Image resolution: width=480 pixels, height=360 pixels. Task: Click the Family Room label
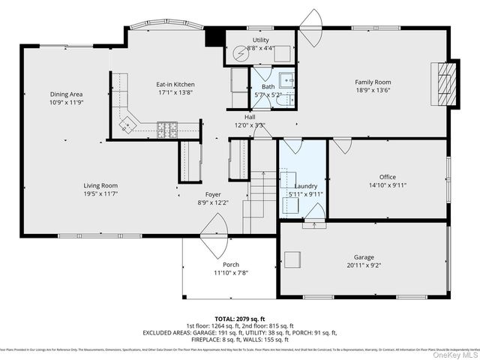point(373,82)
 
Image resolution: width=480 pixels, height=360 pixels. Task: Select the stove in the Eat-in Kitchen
point(167,129)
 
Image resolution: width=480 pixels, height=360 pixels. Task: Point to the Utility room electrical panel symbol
point(240,53)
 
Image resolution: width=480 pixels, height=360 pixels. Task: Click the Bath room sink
point(286,79)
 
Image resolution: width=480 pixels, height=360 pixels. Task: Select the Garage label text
point(363,257)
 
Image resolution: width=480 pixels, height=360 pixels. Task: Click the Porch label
point(231,265)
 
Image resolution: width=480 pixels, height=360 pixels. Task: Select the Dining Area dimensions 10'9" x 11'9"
point(66,102)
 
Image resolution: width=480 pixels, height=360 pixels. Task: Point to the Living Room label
point(100,185)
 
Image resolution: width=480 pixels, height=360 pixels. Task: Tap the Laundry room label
point(305,186)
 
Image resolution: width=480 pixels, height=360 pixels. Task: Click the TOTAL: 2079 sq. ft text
point(239,318)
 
